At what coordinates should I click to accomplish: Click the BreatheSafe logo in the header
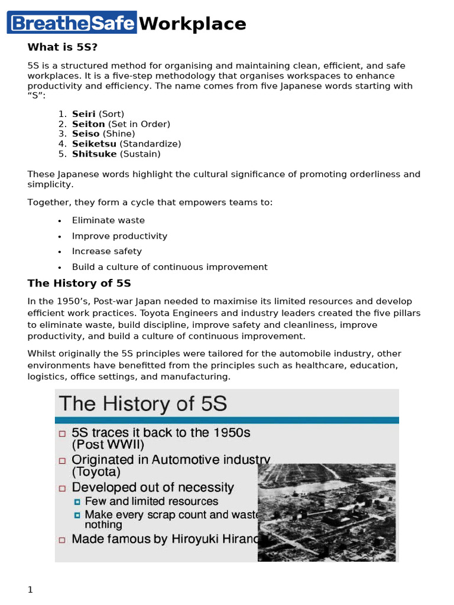(x=72, y=22)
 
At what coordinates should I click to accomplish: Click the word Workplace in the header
(x=193, y=24)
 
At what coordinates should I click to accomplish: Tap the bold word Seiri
(x=83, y=114)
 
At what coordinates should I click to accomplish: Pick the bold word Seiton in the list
(x=88, y=124)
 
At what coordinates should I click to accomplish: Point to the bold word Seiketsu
(x=95, y=144)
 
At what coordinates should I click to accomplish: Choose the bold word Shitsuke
(x=94, y=154)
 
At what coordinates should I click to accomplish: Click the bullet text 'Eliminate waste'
(x=108, y=220)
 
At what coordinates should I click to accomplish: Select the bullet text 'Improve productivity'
(x=119, y=236)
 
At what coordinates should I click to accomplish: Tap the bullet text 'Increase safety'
(x=107, y=252)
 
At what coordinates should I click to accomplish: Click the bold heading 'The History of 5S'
(x=79, y=283)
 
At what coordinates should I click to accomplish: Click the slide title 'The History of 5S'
(x=142, y=405)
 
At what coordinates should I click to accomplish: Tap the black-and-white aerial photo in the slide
(x=327, y=512)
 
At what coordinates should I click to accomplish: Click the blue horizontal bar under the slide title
(x=227, y=420)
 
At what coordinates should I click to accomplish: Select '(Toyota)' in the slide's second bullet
(x=96, y=472)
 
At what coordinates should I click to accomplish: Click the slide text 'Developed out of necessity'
(x=153, y=488)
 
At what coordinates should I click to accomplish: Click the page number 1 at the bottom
(x=30, y=590)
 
